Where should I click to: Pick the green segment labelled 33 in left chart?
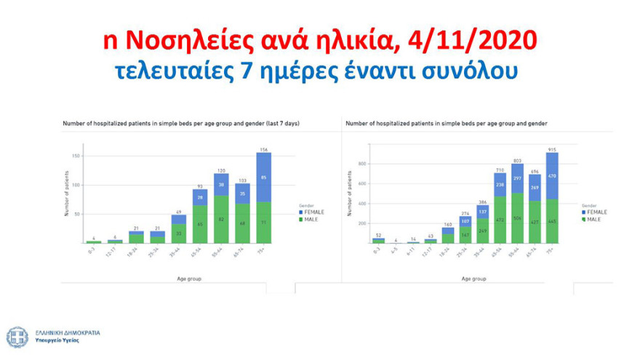(x=179, y=233)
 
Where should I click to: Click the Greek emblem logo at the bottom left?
(x=16, y=337)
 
